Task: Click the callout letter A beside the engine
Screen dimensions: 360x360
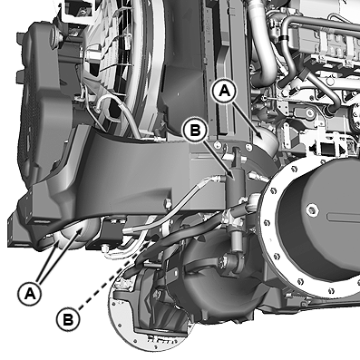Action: [225, 91]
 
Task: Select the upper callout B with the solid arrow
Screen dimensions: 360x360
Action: [196, 131]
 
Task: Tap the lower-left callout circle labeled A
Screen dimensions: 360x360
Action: [29, 293]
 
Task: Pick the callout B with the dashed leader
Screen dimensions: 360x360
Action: [68, 319]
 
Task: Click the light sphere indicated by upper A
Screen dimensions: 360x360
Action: [266, 143]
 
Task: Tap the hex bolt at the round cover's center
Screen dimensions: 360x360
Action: [312, 209]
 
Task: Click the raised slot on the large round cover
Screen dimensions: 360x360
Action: [344, 219]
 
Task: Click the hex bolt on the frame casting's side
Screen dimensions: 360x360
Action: [167, 203]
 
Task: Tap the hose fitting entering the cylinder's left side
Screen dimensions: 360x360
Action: [217, 179]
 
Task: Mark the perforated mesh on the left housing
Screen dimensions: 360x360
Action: [29, 121]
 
